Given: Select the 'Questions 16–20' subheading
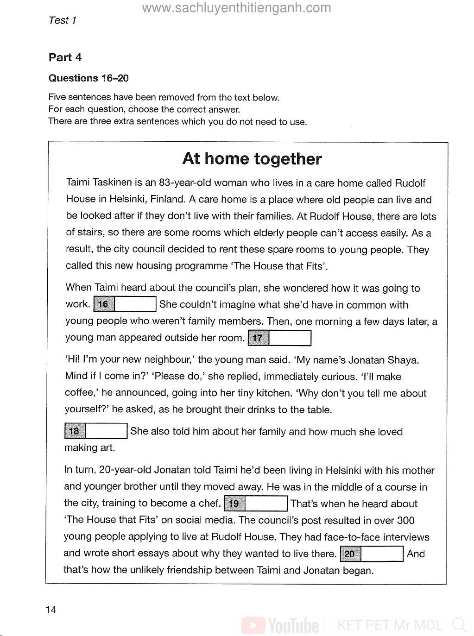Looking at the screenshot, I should click(x=88, y=78).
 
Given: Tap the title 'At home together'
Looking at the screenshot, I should click(x=252, y=158).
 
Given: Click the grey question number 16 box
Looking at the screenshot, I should click(x=104, y=304).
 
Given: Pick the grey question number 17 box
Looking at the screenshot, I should click(x=258, y=338).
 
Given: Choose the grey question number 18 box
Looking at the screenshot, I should click(x=75, y=431).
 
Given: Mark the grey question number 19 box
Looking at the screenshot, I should click(x=234, y=504).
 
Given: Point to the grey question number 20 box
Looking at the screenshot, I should click(x=350, y=554).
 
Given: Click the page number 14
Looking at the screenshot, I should click(x=51, y=610).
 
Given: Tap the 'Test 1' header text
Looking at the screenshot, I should click(x=62, y=20).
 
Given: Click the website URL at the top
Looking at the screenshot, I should click(x=236, y=8).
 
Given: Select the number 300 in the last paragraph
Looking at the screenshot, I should click(x=405, y=520).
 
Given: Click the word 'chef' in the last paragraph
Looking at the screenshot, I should click(x=210, y=504).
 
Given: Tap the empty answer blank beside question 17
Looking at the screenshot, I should click(x=290, y=338).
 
